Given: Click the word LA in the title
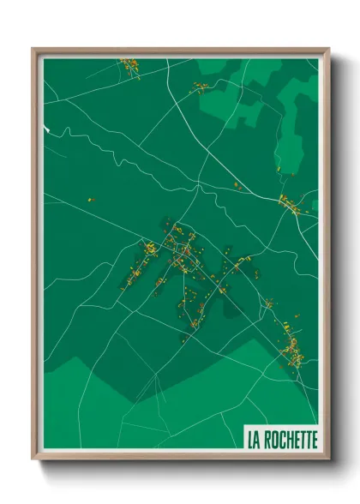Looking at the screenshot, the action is click(254, 441).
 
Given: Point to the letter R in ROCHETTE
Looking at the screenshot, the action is click(270, 441).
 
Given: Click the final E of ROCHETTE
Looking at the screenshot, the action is click(314, 441).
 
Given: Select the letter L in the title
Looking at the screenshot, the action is click(250, 441).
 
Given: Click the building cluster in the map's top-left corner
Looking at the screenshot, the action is click(130, 65).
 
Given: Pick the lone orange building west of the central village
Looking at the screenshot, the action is click(91, 200).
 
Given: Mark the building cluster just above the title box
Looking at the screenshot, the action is click(291, 347).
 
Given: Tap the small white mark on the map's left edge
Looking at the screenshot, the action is click(47, 129).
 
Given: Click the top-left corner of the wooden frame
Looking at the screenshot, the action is click(33, 48).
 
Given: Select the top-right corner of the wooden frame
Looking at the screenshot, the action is click(328, 48).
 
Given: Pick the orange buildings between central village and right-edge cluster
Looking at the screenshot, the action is click(237, 185).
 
